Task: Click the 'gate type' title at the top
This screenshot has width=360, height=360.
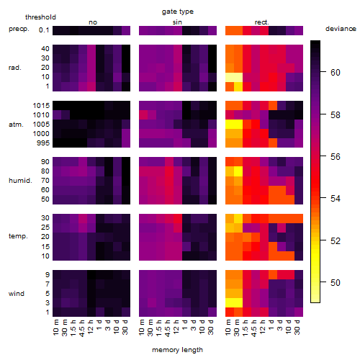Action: (178, 12)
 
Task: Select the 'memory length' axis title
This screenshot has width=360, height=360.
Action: (177, 350)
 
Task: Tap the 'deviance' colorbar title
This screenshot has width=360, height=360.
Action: (341, 29)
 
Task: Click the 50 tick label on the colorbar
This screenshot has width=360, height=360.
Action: (336, 282)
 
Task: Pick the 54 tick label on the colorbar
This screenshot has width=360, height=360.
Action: (336, 199)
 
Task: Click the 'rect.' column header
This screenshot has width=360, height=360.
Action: (262, 22)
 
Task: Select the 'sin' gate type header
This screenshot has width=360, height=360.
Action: (177, 22)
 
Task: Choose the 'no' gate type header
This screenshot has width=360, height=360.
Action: (93, 22)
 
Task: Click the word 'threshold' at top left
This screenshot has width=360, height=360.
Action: (40, 17)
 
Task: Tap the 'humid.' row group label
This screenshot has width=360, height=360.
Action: (20, 181)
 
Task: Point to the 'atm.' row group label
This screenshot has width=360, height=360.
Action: (16, 125)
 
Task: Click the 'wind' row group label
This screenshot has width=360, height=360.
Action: (17, 294)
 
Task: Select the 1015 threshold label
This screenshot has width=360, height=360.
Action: (41, 106)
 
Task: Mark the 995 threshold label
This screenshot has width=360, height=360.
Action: (43, 143)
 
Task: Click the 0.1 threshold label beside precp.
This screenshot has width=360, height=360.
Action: (44, 30)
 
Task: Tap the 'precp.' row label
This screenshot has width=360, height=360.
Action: (19, 29)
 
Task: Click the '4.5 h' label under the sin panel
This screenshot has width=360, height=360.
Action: (168, 328)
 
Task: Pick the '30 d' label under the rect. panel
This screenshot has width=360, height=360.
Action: (297, 327)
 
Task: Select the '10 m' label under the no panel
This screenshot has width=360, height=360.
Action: (55, 328)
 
